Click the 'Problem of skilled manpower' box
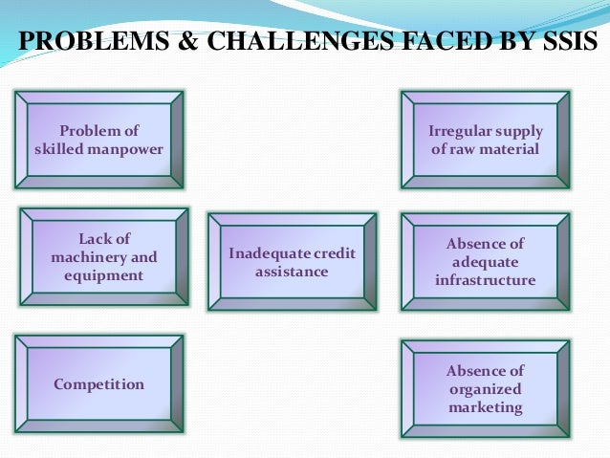point(99,140)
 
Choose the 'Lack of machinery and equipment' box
point(104,256)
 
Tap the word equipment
point(103,275)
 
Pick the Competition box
point(99,384)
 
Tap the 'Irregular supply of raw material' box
point(485,140)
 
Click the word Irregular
point(459,131)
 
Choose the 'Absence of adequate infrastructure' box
point(485,261)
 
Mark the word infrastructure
point(485,280)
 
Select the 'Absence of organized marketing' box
point(485,389)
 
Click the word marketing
point(486,407)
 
